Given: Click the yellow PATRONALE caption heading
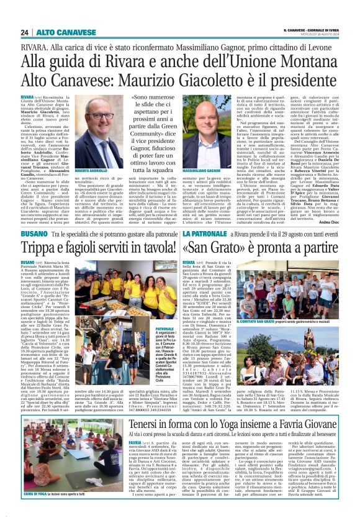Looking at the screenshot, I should point(148,311).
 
